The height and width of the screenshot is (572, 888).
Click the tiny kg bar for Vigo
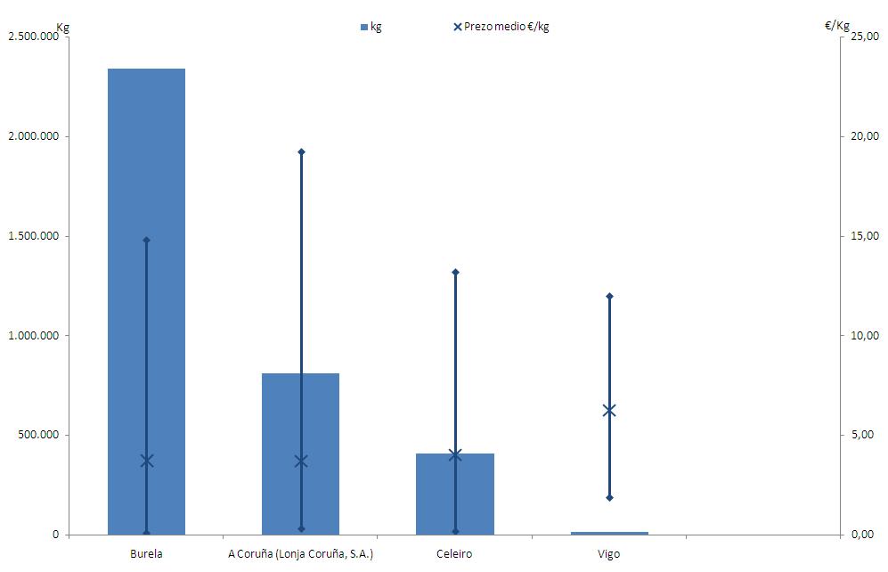pyautogui.click(x=609, y=533)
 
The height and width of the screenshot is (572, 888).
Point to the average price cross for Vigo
pyautogui.click(x=609, y=411)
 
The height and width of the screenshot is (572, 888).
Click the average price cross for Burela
pyautogui.click(x=147, y=461)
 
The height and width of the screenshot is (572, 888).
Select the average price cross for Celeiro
pyautogui.click(x=455, y=454)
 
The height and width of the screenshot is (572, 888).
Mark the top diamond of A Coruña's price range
pyautogui.click(x=301, y=152)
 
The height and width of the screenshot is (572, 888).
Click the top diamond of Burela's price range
pyautogui.click(x=147, y=240)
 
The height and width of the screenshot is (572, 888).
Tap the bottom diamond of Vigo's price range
pyautogui.click(x=609, y=497)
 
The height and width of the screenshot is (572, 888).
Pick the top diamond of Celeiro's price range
pyautogui.click(x=455, y=272)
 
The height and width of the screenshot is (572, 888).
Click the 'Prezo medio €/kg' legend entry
pyautogui.click(x=501, y=27)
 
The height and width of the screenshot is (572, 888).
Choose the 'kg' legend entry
pyautogui.click(x=371, y=27)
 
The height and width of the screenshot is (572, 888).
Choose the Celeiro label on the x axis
pyautogui.click(x=455, y=554)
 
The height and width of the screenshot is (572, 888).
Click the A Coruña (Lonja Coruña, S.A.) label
pyautogui.click(x=301, y=554)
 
